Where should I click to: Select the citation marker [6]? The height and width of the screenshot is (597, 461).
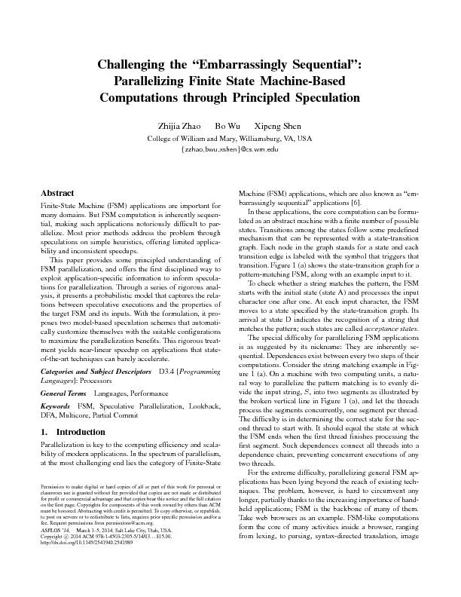[357, 202]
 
